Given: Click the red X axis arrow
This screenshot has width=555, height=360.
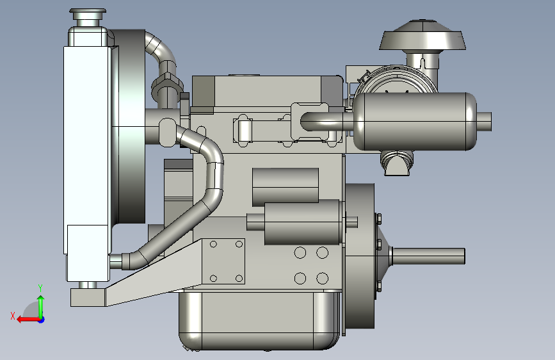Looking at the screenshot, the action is pyautogui.click(x=28, y=320).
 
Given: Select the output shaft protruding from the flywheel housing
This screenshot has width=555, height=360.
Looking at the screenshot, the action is pyautogui.click(x=428, y=256).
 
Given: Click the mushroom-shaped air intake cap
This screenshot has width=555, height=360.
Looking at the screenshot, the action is pyautogui.click(x=422, y=35).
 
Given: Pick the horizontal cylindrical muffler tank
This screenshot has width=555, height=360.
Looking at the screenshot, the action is pyautogui.click(x=415, y=121).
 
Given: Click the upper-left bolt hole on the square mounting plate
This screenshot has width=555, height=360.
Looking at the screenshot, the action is pyautogui.click(x=213, y=244).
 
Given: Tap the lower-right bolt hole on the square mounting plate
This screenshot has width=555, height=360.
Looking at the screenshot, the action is pyautogui.click(x=239, y=279).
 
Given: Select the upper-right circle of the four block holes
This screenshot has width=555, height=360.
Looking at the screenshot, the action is pyautogui.click(x=322, y=252).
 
